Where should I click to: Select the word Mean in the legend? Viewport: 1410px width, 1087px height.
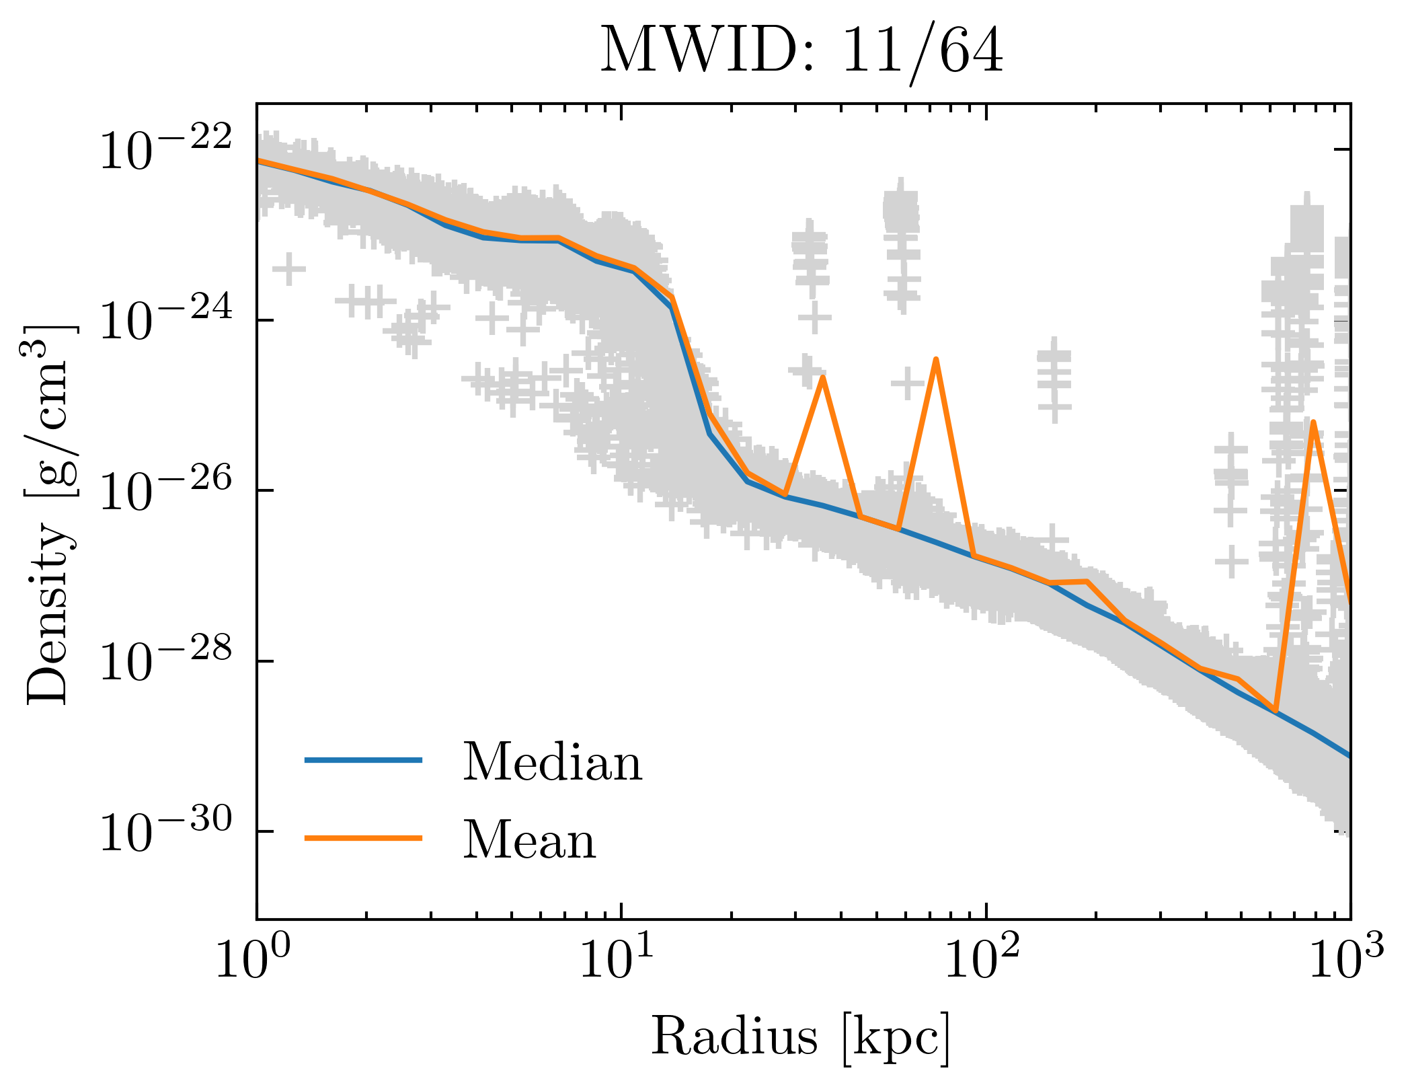[529, 840]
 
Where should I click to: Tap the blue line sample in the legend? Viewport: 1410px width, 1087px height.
[363, 760]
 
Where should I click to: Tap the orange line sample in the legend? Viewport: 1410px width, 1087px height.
[363, 838]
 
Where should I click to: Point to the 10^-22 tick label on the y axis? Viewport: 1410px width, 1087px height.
[165, 149]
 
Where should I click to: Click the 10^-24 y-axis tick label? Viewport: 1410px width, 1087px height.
[165, 320]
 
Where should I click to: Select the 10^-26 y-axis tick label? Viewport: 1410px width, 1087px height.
[165, 490]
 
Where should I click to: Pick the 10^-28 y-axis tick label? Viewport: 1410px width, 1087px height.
[165, 661]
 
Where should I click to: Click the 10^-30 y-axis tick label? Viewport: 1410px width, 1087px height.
[165, 832]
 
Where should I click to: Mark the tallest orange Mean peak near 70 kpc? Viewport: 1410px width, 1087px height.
[935, 361]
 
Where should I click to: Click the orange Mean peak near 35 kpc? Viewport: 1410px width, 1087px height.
[822, 379]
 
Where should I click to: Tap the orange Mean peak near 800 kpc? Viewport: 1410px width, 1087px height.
[1313, 422]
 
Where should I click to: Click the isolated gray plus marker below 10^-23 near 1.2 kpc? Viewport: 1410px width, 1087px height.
[289, 269]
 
